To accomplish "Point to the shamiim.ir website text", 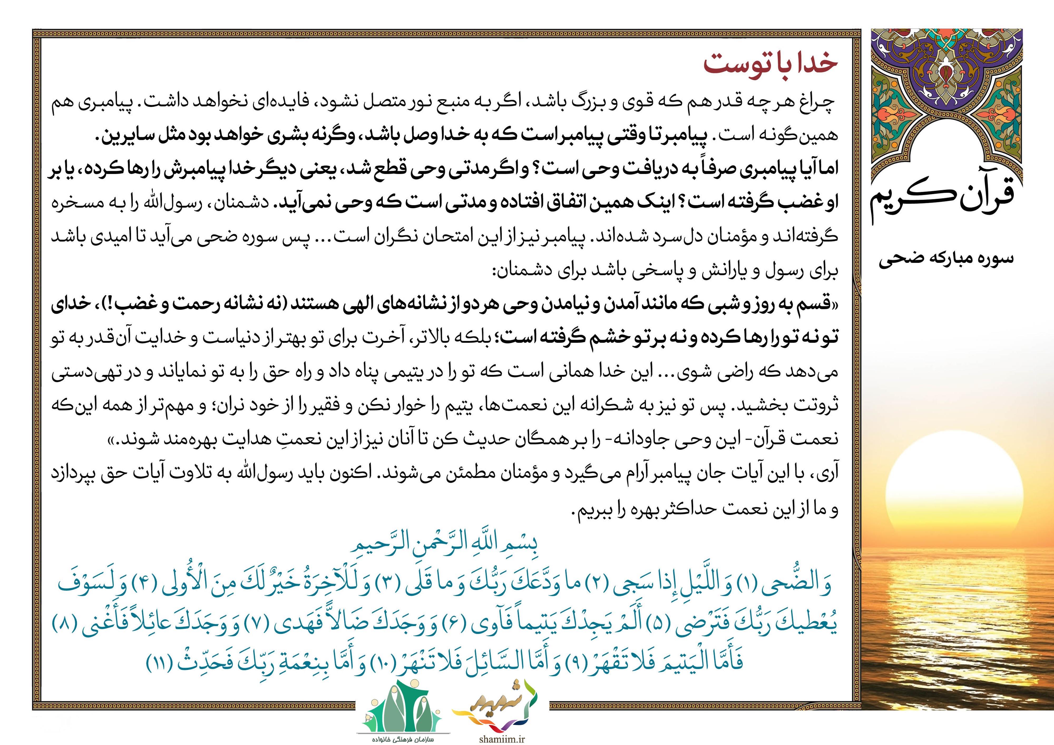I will click(501, 739).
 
